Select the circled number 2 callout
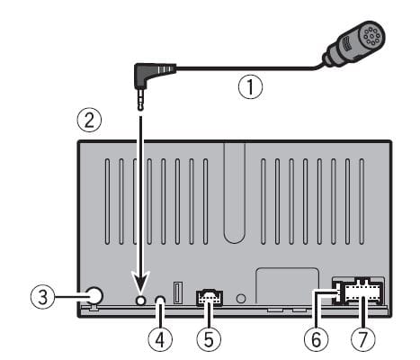point(86,120)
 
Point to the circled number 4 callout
point(160,339)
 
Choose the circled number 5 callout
point(208,339)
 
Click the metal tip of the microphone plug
point(141,103)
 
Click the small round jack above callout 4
point(160,300)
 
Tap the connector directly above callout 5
point(208,296)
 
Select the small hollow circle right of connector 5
point(240,298)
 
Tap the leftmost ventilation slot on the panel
point(106,189)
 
